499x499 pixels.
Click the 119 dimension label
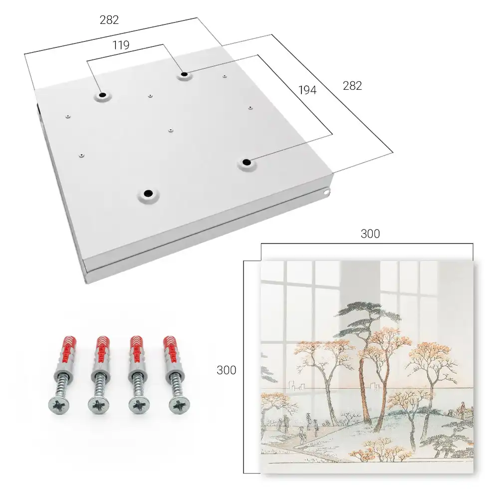(121, 45)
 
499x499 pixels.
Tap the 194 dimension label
(307, 90)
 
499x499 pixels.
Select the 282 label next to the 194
(352, 86)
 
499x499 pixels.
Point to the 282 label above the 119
(109, 20)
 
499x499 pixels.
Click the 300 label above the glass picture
(370, 234)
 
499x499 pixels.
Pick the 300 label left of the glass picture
(226, 370)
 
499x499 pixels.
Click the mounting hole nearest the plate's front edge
(148, 193)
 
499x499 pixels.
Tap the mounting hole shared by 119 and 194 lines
(184, 74)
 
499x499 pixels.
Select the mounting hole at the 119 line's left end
(102, 95)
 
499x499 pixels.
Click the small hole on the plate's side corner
(326, 192)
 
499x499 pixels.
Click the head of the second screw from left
(99, 405)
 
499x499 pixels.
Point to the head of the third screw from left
(139, 405)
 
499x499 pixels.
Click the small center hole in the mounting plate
(171, 130)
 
